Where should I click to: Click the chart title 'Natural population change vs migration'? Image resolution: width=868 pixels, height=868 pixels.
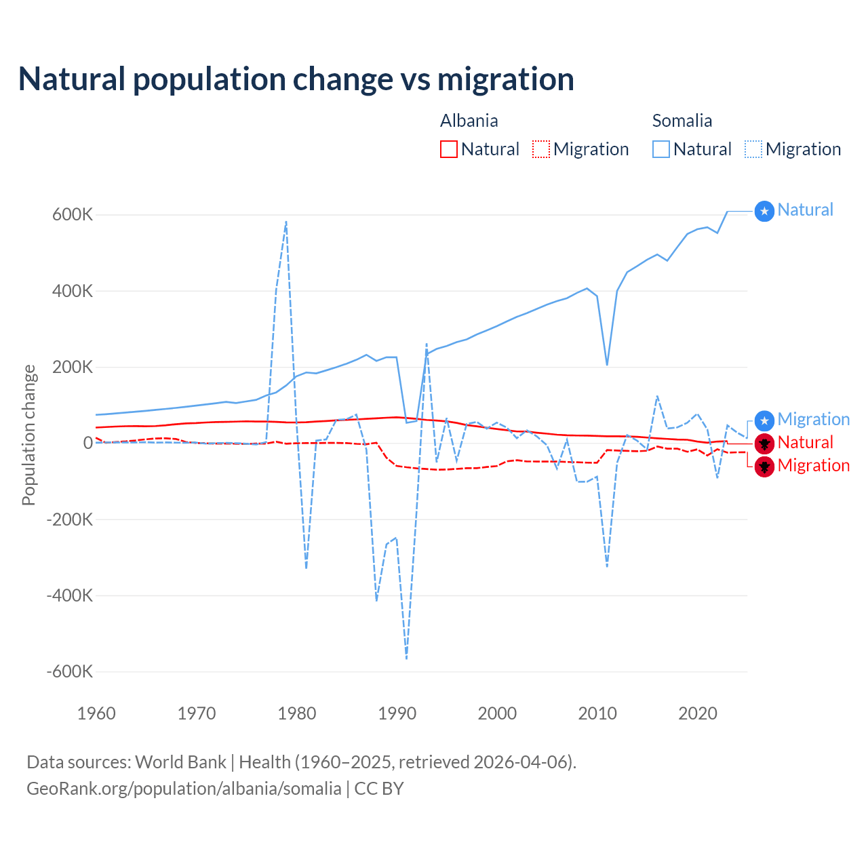[x=296, y=79]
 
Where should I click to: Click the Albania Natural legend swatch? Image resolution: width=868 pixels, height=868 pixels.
[x=448, y=149]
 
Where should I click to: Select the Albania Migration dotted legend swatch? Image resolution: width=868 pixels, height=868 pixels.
[x=541, y=149]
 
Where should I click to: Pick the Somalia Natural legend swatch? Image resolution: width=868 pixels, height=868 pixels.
[x=660, y=149]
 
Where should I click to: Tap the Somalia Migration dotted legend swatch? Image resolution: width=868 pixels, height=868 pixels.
[x=753, y=149]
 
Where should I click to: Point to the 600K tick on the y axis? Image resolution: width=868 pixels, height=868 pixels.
[x=73, y=215]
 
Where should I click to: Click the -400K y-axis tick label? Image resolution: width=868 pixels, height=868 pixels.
[x=69, y=596]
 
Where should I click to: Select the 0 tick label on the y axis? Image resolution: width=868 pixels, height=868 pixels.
[x=88, y=443]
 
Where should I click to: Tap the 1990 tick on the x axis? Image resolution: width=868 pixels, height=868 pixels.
[x=397, y=713]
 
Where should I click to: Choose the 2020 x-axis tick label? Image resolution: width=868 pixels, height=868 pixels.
[x=698, y=713]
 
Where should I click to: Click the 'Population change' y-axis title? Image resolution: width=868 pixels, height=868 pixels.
[x=28, y=435]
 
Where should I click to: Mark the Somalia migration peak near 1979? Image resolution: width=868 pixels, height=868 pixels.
[x=286, y=222]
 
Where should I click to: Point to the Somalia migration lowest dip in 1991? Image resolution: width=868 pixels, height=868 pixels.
[x=406, y=658]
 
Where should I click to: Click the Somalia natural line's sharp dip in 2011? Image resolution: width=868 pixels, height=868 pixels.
[x=607, y=365]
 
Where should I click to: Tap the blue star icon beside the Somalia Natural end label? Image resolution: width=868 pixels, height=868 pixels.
[x=764, y=212]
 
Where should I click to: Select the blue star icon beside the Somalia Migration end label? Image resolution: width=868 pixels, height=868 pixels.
[x=764, y=420]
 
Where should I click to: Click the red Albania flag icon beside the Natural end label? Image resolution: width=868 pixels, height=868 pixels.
[x=764, y=443]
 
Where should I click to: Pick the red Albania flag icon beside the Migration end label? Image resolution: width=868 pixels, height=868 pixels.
[x=764, y=467]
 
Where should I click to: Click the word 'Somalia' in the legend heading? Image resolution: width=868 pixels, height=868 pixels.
[x=682, y=121]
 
